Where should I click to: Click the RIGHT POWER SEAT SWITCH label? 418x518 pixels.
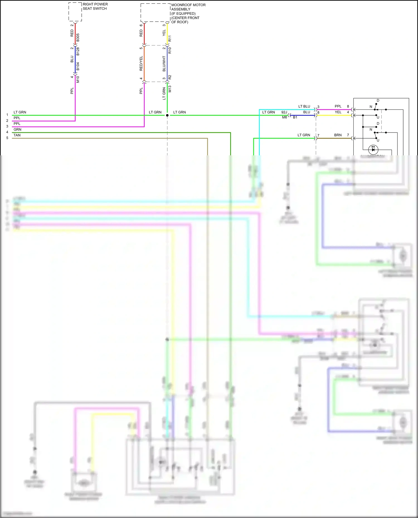95,6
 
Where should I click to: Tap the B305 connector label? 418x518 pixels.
78,38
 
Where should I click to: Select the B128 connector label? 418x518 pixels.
78,51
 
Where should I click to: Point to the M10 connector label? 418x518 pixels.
78,79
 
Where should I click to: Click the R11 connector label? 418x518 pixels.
170,38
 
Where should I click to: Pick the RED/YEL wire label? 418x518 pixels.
141,63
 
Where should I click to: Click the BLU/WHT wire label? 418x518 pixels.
164,63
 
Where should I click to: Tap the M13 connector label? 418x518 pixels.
170,89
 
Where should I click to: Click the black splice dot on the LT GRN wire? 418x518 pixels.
167,115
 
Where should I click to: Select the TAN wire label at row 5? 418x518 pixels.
17,135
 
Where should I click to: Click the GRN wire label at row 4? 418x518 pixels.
17,129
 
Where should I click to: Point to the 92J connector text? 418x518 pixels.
284,112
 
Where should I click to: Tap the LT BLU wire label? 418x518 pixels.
304,106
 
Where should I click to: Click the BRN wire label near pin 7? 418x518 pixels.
338,135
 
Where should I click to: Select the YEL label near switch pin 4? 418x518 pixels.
338,112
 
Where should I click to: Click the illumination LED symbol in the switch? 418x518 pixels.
373,149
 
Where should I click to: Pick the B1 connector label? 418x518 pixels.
295,117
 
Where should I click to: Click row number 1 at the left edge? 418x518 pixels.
7,115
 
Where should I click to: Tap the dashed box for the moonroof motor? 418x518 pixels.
155,13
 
